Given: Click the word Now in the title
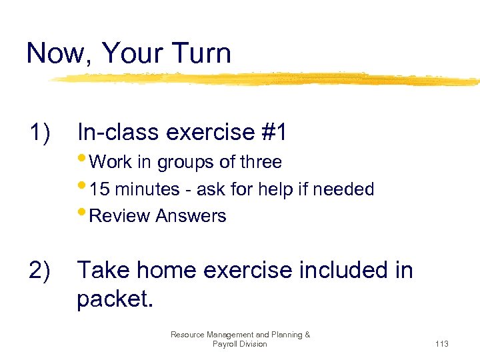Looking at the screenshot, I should [x=55, y=53].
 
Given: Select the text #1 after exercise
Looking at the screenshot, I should [x=274, y=133].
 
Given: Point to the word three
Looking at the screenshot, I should [x=260, y=162].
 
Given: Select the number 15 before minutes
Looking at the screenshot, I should [x=100, y=189].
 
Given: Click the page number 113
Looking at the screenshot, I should [x=441, y=344].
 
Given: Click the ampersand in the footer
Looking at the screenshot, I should [x=307, y=335].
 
